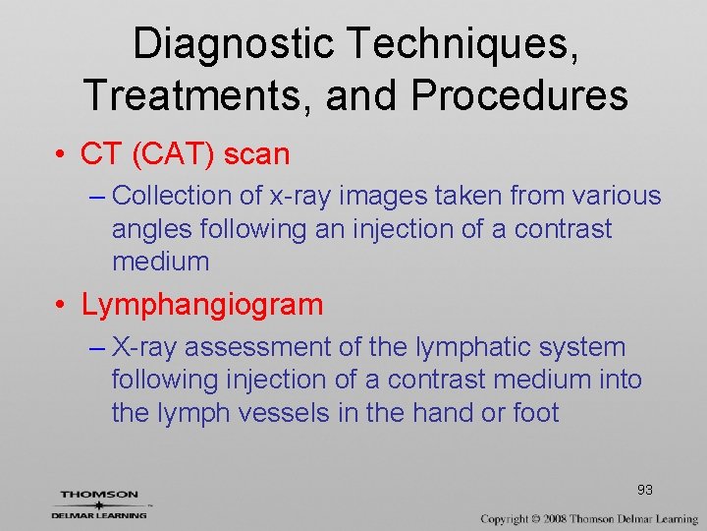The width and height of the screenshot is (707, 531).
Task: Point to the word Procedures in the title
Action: coord(521,95)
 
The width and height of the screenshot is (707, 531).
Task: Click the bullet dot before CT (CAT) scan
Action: coord(61,154)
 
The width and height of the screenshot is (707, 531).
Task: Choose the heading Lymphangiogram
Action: coord(202,305)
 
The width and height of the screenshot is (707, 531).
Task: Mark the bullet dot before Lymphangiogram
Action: coord(61,305)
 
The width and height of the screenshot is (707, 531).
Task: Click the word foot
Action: coord(536,413)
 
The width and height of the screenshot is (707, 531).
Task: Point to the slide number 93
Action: coord(645,490)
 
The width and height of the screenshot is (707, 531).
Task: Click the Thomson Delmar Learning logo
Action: coord(99,503)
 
